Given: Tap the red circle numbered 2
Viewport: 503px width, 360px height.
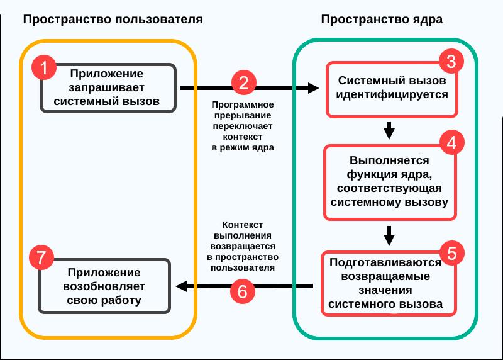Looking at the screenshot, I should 243,82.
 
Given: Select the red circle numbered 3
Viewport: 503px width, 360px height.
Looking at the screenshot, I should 451,62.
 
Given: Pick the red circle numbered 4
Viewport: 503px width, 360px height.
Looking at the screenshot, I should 451,142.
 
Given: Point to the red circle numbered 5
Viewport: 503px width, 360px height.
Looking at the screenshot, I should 451,252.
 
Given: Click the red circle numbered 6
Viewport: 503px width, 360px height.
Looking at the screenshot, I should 243,290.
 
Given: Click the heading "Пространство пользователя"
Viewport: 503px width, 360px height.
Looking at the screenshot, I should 113,19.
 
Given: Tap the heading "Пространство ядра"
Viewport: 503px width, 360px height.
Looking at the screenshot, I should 382,19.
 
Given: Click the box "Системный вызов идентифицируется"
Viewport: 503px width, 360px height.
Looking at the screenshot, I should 392,89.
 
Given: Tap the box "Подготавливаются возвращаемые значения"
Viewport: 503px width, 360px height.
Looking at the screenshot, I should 390,284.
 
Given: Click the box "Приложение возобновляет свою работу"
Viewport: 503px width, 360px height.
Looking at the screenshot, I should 104,286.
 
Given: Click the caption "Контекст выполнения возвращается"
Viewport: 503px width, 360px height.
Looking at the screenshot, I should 243,245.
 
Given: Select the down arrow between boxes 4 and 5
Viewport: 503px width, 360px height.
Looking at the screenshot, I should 389,235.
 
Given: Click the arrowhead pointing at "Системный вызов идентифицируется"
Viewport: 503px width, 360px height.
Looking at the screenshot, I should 314,89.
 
